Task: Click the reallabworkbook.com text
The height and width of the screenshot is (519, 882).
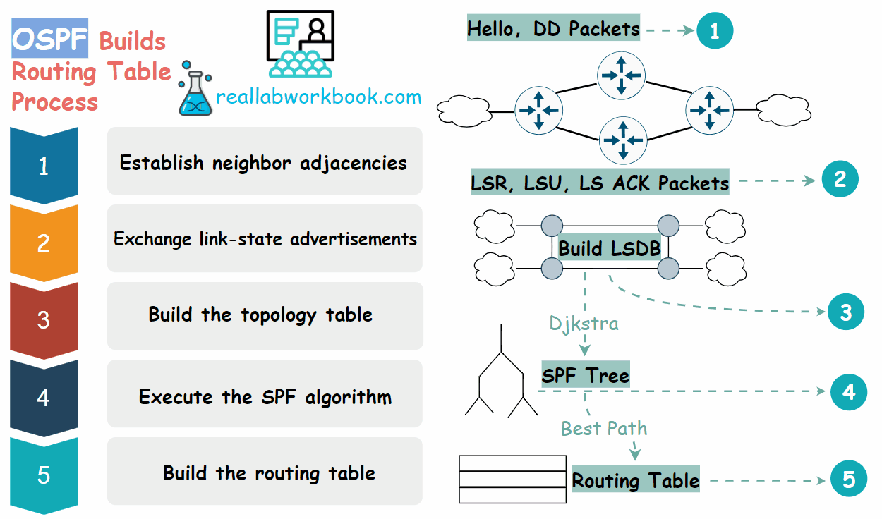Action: point(318,97)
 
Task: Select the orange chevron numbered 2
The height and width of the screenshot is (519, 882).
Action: point(44,243)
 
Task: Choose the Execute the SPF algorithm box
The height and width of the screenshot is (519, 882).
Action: point(265,396)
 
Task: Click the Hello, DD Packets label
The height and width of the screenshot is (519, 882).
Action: point(553,29)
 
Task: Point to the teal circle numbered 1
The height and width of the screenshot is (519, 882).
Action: point(714,30)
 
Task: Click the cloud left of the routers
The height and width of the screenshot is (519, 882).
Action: point(463,111)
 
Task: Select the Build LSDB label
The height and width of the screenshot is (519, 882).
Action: point(610,248)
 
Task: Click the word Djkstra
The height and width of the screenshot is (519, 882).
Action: point(584,323)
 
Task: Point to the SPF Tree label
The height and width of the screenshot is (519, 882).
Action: point(586,375)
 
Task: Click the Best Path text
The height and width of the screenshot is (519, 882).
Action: point(603,428)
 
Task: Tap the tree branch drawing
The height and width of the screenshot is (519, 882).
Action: point(501,374)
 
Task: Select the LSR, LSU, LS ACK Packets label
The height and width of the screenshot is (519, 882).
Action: point(600,183)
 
